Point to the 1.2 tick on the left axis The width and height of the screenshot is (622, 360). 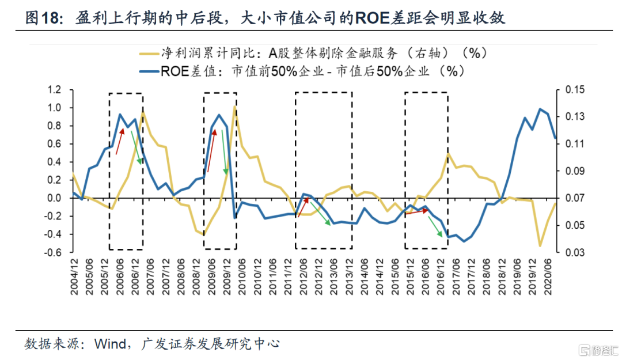coord(54,89)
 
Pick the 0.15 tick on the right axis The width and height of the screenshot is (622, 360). coord(574,89)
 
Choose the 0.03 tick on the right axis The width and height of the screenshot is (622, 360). coord(574,252)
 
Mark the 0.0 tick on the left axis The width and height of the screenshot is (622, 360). coord(54,198)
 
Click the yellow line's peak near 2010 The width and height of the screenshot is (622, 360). coord(234,107)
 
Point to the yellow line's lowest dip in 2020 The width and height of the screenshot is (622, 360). coord(540,245)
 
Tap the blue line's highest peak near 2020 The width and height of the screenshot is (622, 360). coord(540,109)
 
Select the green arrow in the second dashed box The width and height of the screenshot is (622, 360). coord(224,153)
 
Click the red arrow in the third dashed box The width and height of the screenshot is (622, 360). coord(302,206)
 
